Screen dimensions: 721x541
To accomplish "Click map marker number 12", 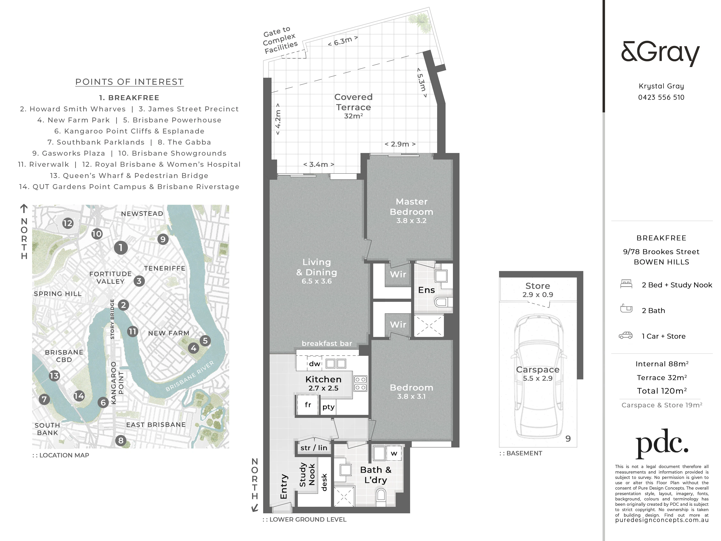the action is coord(68,223).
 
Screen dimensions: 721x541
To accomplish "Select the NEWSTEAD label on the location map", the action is coord(142,214).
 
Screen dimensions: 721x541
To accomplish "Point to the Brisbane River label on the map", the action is coord(190,376).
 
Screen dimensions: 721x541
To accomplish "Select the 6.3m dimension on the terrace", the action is coord(343,41).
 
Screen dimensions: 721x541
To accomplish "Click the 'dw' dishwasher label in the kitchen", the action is coord(315,364).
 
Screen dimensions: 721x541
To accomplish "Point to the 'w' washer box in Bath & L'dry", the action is coord(394,453).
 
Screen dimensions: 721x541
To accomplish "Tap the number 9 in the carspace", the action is coord(568,439).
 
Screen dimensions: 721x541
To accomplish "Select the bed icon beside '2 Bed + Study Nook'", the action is coord(626,284).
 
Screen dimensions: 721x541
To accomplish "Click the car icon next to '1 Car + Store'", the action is coord(625,335).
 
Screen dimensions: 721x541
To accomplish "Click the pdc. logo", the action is coord(662,444).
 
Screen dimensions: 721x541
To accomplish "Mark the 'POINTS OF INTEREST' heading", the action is coord(129,82).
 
